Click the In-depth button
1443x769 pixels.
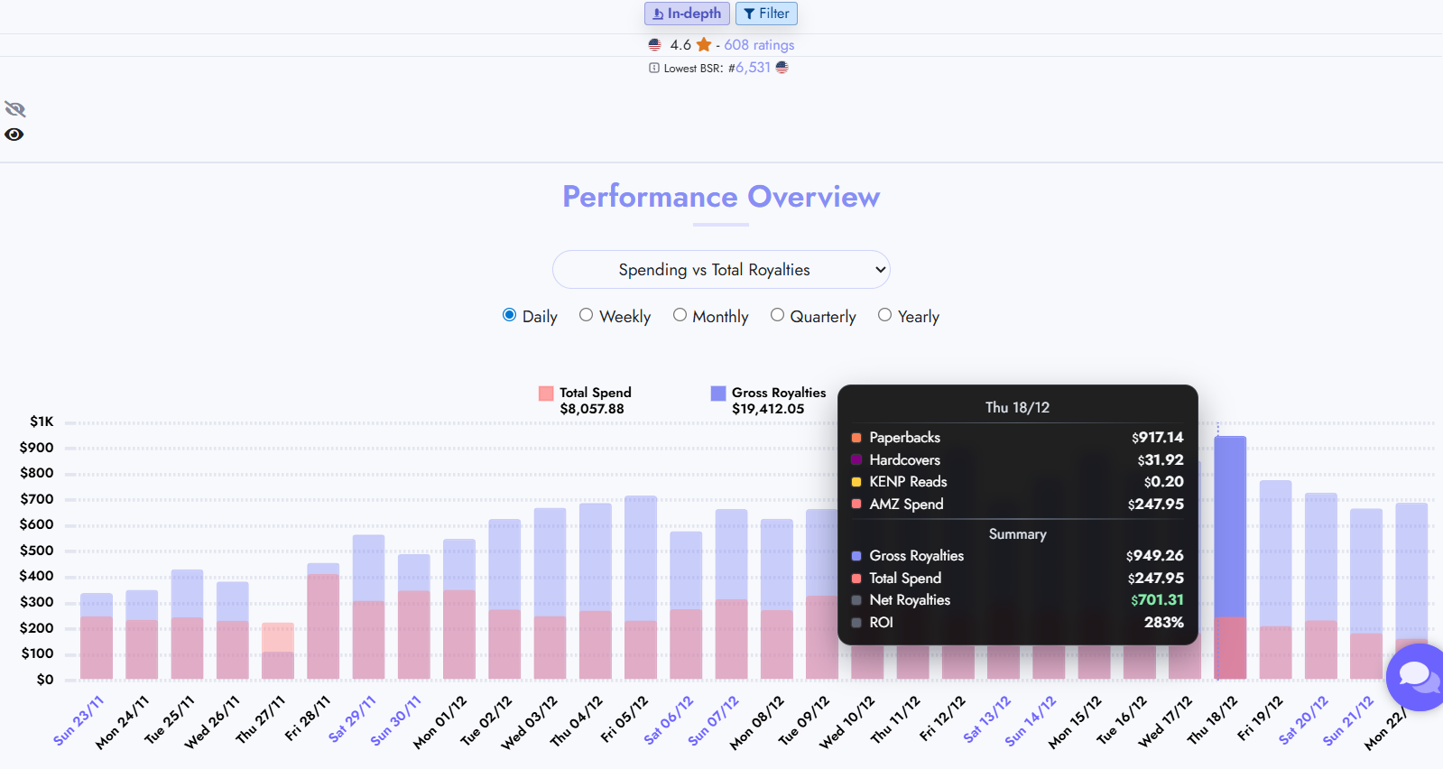(x=687, y=14)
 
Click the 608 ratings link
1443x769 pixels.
(x=759, y=45)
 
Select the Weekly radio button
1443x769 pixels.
(x=587, y=315)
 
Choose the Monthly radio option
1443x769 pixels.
(x=680, y=315)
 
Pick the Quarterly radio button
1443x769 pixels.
(x=778, y=315)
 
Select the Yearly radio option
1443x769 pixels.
(x=885, y=315)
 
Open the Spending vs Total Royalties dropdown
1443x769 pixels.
(x=721, y=270)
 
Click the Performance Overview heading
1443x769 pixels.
(x=721, y=197)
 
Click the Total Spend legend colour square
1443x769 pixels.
(x=546, y=394)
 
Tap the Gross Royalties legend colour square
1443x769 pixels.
(x=718, y=394)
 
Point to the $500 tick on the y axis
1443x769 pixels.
(x=37, y=551)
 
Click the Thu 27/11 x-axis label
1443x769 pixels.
(x=261, y=719)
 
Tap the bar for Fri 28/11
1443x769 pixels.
(x=323, y=623)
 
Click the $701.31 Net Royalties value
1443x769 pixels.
(x=1157, y=600)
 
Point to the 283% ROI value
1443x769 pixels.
(x=1164, y=623)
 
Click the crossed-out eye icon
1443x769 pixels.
(x=15, y=109)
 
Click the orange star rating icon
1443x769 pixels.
(x=704, y=45)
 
